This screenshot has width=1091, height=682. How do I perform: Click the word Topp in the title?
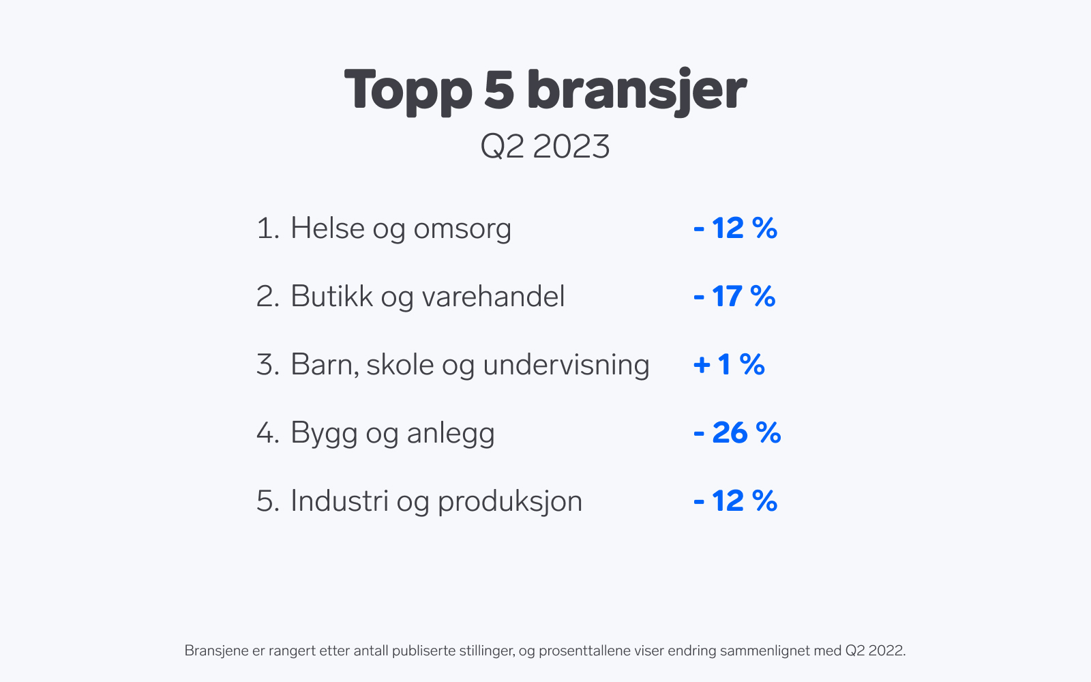click(x=408, y=91)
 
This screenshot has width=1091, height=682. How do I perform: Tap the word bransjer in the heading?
click(x=637, y=91)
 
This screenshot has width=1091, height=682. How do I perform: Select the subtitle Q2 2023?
click(x=545, y=146)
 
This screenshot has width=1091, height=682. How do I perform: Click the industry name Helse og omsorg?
click(x=401, y=228)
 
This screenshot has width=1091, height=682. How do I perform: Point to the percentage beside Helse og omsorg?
click(x=736, y=228)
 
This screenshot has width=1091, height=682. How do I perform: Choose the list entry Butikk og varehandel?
click(x=428, y=296)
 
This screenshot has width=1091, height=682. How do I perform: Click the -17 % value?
click(x=734, y=296)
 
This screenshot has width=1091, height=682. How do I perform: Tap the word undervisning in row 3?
click(x=567, y=364)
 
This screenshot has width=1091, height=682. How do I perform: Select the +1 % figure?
click(x=729, y=364)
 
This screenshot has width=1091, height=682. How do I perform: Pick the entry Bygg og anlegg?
click(x=393, y=434)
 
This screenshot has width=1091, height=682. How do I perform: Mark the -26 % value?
click(x=737, y=432)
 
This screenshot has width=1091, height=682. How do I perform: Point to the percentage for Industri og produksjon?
click(x=736, y=501)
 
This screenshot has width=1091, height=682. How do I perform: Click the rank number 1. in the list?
click(x=268, y=228)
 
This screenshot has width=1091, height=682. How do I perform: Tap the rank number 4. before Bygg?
click(x=268, y=432)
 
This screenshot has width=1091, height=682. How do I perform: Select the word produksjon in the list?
click(x=510, y=502)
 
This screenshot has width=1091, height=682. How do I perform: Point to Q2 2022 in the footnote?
click(x=876, y=651)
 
